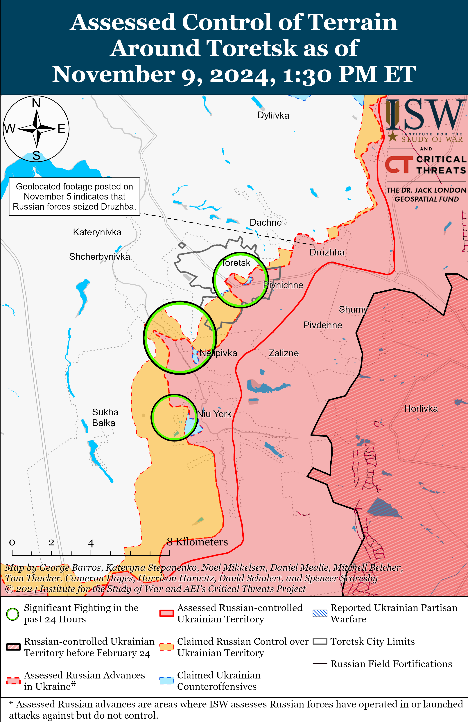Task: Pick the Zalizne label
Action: tap(284, 353)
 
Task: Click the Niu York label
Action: tap(214, 414)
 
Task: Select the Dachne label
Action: tap(265, 223)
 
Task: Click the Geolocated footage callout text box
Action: tap(74, 197)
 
